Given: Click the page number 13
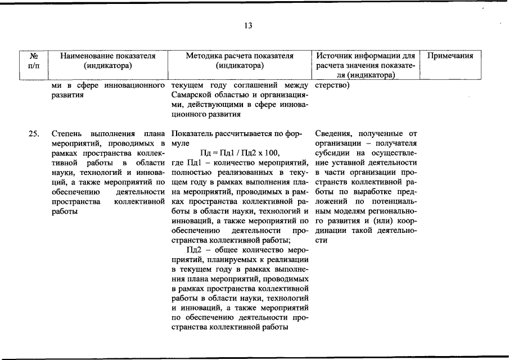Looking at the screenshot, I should click(248, 26).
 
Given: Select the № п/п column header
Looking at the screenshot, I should click(34, 61).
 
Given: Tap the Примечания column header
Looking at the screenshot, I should click(451, 56).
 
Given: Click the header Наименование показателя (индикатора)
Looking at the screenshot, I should click(107, 61).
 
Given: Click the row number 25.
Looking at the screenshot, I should click(34, 134).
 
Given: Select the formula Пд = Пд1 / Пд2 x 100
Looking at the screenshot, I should click(240, 153).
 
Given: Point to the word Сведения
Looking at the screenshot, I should click(334, 134).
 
